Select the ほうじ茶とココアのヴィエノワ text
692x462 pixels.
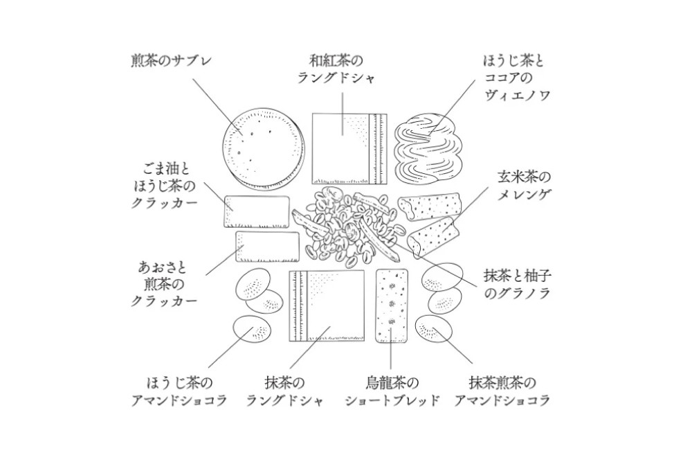point(516,78)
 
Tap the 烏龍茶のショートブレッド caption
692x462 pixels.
point(392,391)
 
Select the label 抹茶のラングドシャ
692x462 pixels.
point(285,391)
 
